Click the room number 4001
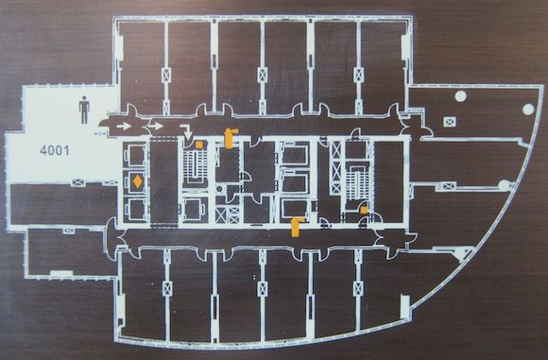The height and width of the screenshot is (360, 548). [54, 150]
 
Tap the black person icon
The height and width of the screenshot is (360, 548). [84, 111]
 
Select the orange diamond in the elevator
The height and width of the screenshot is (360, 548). [137, 181]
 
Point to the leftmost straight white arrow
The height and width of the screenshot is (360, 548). [124, 127]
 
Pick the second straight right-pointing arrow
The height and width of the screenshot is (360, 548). [156, 126]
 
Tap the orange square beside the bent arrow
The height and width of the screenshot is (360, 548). [199, 145]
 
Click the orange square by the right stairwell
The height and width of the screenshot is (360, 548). [364, 210]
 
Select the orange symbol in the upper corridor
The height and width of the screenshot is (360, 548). [230, 138]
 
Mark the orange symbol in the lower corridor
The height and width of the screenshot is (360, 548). [297, 227]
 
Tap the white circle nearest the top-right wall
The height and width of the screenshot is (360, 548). [461, 95]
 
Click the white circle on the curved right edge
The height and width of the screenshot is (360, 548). [528, 109]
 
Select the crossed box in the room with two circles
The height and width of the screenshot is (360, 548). [449, 122]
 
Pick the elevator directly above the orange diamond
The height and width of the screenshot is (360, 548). [136, 155]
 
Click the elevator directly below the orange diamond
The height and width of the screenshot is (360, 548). [136, 210]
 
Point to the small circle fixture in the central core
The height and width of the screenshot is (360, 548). [220, 189]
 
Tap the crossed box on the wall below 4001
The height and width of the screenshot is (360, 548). [77, 182]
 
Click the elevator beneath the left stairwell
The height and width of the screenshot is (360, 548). [192, 210]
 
